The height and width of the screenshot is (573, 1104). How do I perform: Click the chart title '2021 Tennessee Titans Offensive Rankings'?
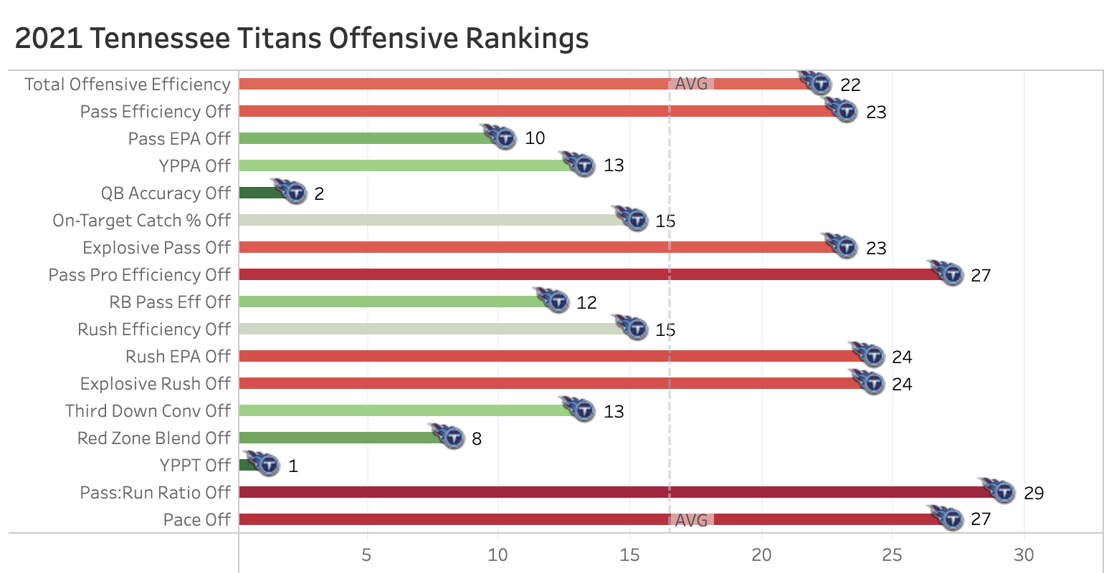point(302,38)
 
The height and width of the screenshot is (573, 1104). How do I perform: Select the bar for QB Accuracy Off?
point(262,193)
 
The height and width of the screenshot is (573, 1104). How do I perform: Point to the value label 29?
point(1034,493)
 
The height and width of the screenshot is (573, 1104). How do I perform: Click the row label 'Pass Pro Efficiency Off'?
point(140,275)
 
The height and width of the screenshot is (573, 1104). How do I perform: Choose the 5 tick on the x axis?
point(367,555)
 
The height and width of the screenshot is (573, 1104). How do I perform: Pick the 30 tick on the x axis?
point(1024,555)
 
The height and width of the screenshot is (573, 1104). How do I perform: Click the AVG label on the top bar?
point(692,84)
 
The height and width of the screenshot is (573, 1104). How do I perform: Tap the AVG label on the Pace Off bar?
point(692,520)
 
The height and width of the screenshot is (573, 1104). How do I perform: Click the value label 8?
point(477,438)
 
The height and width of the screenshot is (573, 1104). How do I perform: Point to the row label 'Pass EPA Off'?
point(179,139)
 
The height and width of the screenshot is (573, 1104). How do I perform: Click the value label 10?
point(535,138)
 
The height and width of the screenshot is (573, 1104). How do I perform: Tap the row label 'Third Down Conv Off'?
point(148,411)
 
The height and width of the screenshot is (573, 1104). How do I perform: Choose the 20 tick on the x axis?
point(761,555)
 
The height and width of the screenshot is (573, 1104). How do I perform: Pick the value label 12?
point(586,302)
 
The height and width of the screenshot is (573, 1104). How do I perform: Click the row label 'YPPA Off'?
point(195,166)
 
